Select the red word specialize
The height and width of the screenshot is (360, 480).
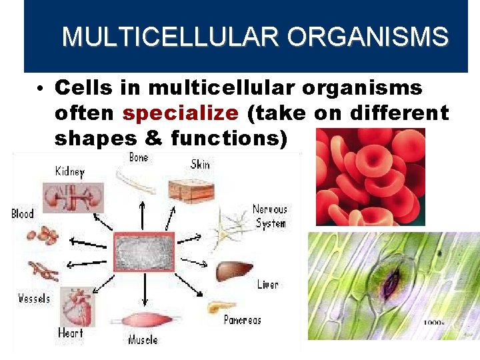pyautogui.click(x=180, y=113)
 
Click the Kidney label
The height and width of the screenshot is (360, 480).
pyautogui.click(x=69, y=172)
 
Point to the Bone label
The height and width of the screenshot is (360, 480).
pyautogui.click(x=139, y=157)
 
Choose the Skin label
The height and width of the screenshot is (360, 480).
pyautogui.click(x=200, y=163)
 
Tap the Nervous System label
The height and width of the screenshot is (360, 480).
pyautogui.click(x=270, y=216)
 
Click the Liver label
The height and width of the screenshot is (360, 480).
pyautogui.click(x=267, y=285)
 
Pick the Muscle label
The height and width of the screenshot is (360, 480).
pyautogui.click(x=143, y=341)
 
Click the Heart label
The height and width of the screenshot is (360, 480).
pyautogui.click(x=70, y=333)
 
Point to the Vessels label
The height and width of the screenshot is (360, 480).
pyautogui.click(x=34, y=298)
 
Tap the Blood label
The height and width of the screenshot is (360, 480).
pyautogui.click(x=22, y=214)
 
